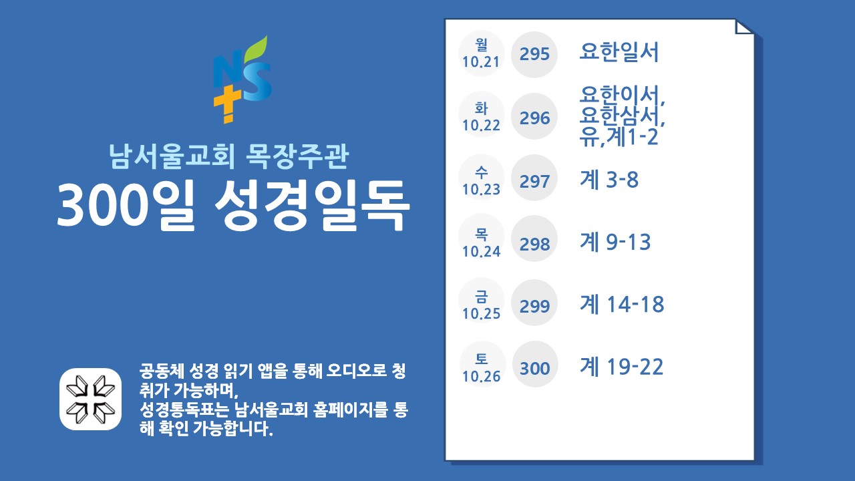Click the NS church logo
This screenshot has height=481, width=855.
[x=242, y=79]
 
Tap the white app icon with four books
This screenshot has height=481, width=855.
[x=90, y=399]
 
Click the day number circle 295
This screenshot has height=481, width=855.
[x=534, y=54]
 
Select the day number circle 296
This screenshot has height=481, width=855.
[x=534, y=116]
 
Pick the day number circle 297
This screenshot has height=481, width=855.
[x=534, y=178]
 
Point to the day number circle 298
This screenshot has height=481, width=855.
[x=534, y=238]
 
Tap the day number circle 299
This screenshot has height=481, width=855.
[x=534, y=303]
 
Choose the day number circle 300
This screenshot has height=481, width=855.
[x=535, y=364]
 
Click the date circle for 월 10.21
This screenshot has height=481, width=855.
[x=482, y=54]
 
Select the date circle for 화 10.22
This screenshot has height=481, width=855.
[x=482, y=114]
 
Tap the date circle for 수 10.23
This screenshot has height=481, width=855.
[x=482, y=177]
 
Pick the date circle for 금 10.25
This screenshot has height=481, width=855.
[x=482, y=301]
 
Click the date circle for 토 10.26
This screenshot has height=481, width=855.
[x=482, y=363]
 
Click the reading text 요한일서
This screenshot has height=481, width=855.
[x=619, y=52]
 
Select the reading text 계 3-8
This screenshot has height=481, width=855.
[x=609, y=179]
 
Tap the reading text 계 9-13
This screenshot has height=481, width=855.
[x=615, y=242]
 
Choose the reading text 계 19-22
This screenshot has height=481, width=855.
[x=621, y=367]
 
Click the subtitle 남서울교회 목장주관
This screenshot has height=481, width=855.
[x=228, y=156]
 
